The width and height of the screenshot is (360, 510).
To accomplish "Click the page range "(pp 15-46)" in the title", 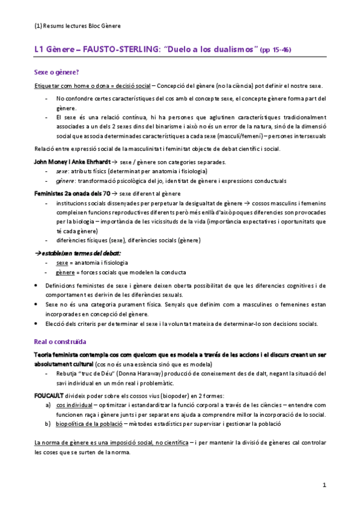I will coord(275,49).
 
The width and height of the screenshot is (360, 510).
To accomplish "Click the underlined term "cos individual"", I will coord(75,407).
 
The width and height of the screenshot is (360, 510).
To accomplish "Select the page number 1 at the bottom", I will coord(324,485).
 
